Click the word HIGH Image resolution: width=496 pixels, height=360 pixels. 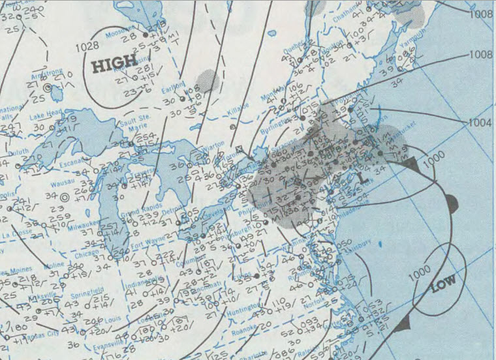click(x=114, y=64)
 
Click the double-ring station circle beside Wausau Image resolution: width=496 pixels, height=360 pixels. click(x=65, y=196)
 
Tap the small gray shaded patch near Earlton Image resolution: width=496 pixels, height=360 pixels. click(x=208, y=81)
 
